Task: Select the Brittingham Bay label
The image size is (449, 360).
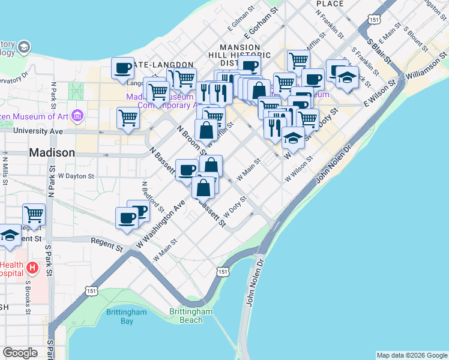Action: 126,316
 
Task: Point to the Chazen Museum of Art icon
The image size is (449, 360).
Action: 77,115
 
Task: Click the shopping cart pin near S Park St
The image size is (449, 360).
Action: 34,214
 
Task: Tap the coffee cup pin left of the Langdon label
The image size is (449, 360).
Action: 123,68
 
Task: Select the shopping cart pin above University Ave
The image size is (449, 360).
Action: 128,118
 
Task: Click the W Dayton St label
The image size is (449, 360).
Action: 76,176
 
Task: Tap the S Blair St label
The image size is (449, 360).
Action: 380,52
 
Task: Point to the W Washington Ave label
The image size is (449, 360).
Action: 161,226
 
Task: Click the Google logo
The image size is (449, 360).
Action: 20,352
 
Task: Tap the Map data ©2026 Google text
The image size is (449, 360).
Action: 411,355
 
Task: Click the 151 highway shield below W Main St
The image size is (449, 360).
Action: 223,272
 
